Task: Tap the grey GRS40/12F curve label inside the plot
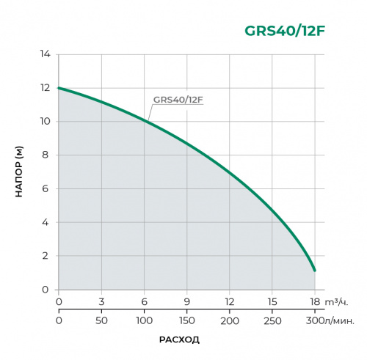click(178, 100)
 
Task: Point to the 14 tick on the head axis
click(45, 54)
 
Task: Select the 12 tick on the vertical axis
click(45, 88)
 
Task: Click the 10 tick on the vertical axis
click(45, 122)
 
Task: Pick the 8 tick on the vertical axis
click(46, 155)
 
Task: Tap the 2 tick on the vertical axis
click(46, 256)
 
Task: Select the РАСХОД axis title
click(179, 339)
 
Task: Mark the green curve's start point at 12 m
click(59, 88)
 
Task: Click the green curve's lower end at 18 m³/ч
click(315, 271)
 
